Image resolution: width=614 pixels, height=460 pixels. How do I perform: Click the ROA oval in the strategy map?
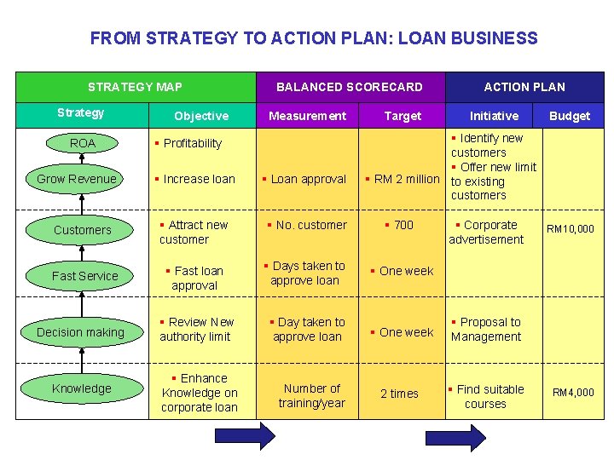click(x=82, y=143)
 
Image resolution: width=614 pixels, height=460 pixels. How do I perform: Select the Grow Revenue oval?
click(x=77, y=179)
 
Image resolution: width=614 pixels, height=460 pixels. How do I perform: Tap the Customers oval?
click(x=82, y=230)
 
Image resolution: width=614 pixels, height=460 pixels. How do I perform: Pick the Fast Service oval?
click(x=84, y=276)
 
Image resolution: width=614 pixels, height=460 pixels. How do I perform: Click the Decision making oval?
click(x=80, y=332)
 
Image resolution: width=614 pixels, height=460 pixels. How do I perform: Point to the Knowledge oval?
click(x=81, y=388)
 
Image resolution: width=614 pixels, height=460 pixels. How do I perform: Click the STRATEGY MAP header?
click(x=135, y=86)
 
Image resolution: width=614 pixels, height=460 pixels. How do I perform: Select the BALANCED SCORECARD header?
click(x=349, y=86)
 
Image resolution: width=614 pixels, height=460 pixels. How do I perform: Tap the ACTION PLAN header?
click(x=524, y=86)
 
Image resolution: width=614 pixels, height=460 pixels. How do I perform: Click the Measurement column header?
click(x=307, y=116)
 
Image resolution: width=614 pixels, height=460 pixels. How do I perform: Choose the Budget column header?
click(x=569, y=116)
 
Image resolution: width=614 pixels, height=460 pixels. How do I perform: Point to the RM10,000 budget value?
click(x=571, y=229)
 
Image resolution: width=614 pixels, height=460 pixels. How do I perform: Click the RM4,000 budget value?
click(x=573, y=393)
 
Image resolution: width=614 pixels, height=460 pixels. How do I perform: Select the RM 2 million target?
click(x=402, y=179)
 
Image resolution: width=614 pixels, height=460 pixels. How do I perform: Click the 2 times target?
click(x=399, y=394)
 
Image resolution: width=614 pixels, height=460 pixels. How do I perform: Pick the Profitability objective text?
click(x=188, y=143)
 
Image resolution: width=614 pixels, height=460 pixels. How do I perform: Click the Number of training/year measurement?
click(x=311, y=395)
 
